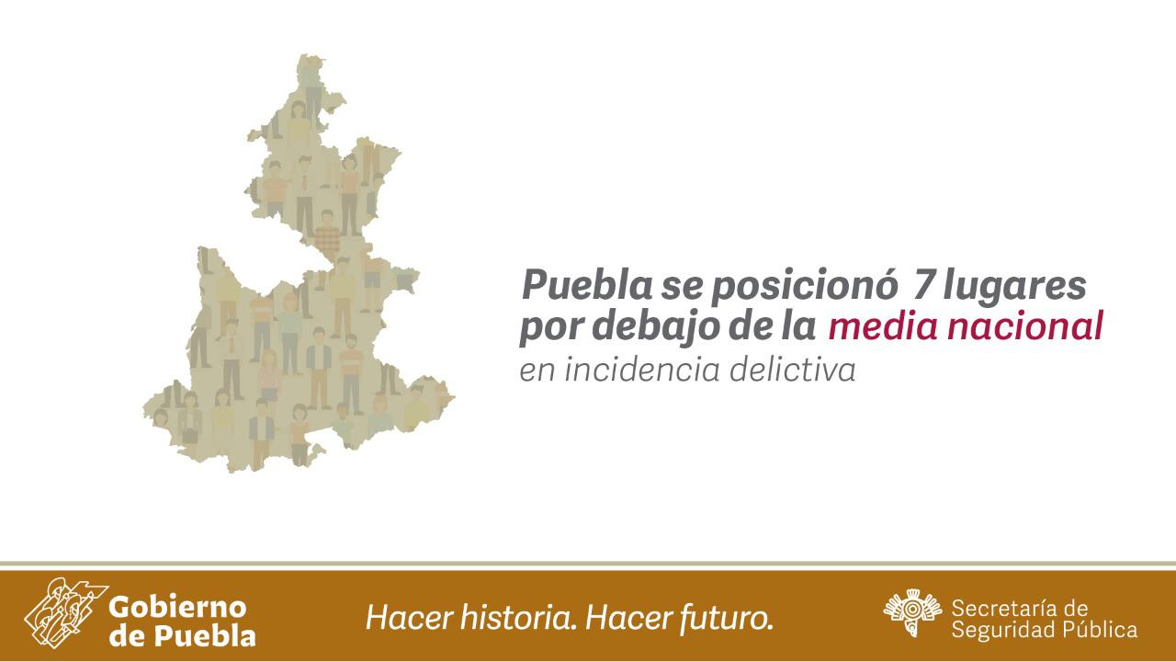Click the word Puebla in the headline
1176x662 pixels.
point(587,285)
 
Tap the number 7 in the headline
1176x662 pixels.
point(924,285)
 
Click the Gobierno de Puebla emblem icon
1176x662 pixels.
point(65,611)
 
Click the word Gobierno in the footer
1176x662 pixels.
point(177,608)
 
